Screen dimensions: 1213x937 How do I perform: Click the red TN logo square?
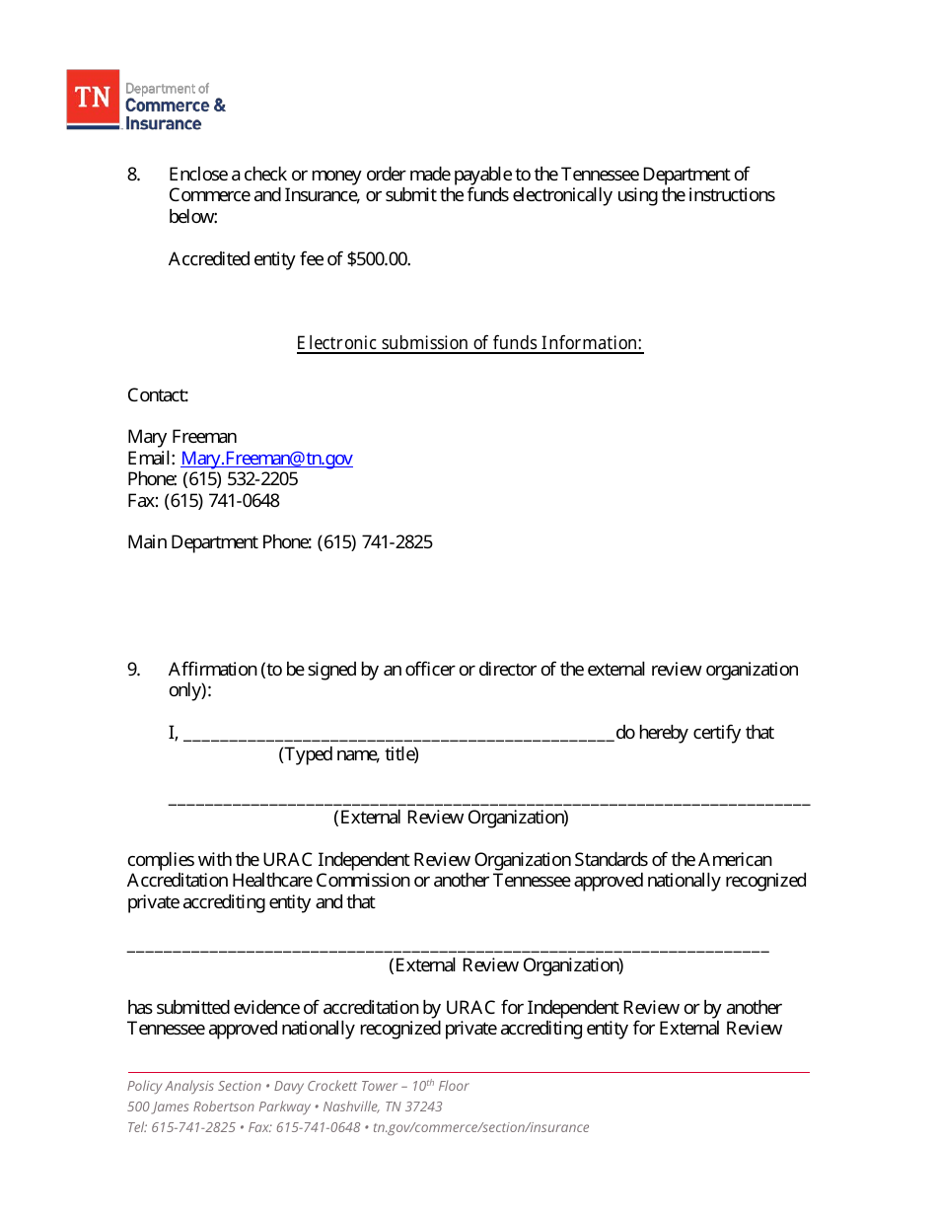(x=93, y=99)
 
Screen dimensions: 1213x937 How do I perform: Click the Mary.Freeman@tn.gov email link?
(x=266, y=459)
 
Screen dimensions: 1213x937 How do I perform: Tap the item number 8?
(x=134, y=175)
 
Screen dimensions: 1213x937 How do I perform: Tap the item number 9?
(x=134, y=670)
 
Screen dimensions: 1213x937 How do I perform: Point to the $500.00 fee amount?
(x=379, y=259)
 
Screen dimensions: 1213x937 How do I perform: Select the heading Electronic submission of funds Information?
(x=469, y=343)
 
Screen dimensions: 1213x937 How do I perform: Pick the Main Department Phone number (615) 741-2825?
(x=375, y=542)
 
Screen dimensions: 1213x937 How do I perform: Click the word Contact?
(x=158, y=395)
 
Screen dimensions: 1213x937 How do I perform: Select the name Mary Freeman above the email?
(x=181, y=437)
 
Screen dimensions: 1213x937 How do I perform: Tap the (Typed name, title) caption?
(x=348, y=755)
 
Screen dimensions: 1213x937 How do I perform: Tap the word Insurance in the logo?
(x=164, y=123)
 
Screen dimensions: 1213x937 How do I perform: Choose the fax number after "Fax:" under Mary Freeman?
(x=222, y=501)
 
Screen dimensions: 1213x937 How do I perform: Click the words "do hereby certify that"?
(x=694, y=733)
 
